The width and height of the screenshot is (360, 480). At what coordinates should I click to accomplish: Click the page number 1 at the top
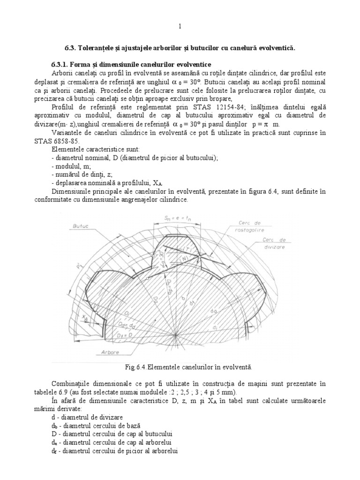(180, 26)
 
